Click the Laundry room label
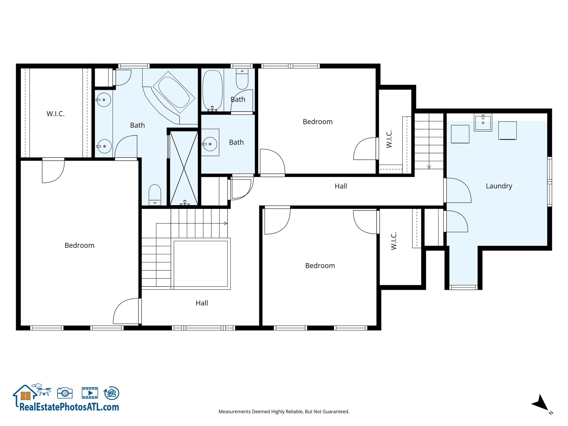499,186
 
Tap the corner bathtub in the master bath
174,92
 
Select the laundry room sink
483,122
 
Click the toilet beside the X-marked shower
155,194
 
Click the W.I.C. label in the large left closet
55,114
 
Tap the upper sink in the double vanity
104,100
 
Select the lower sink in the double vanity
104,146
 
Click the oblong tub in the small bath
212,90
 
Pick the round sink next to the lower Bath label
210,144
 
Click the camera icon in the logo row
65,393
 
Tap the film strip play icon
90,393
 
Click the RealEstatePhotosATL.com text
69,407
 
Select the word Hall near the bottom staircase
202,303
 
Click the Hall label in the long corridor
341,186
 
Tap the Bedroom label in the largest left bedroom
79,245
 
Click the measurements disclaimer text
284,412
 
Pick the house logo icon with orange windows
25,394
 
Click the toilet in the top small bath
242,79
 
